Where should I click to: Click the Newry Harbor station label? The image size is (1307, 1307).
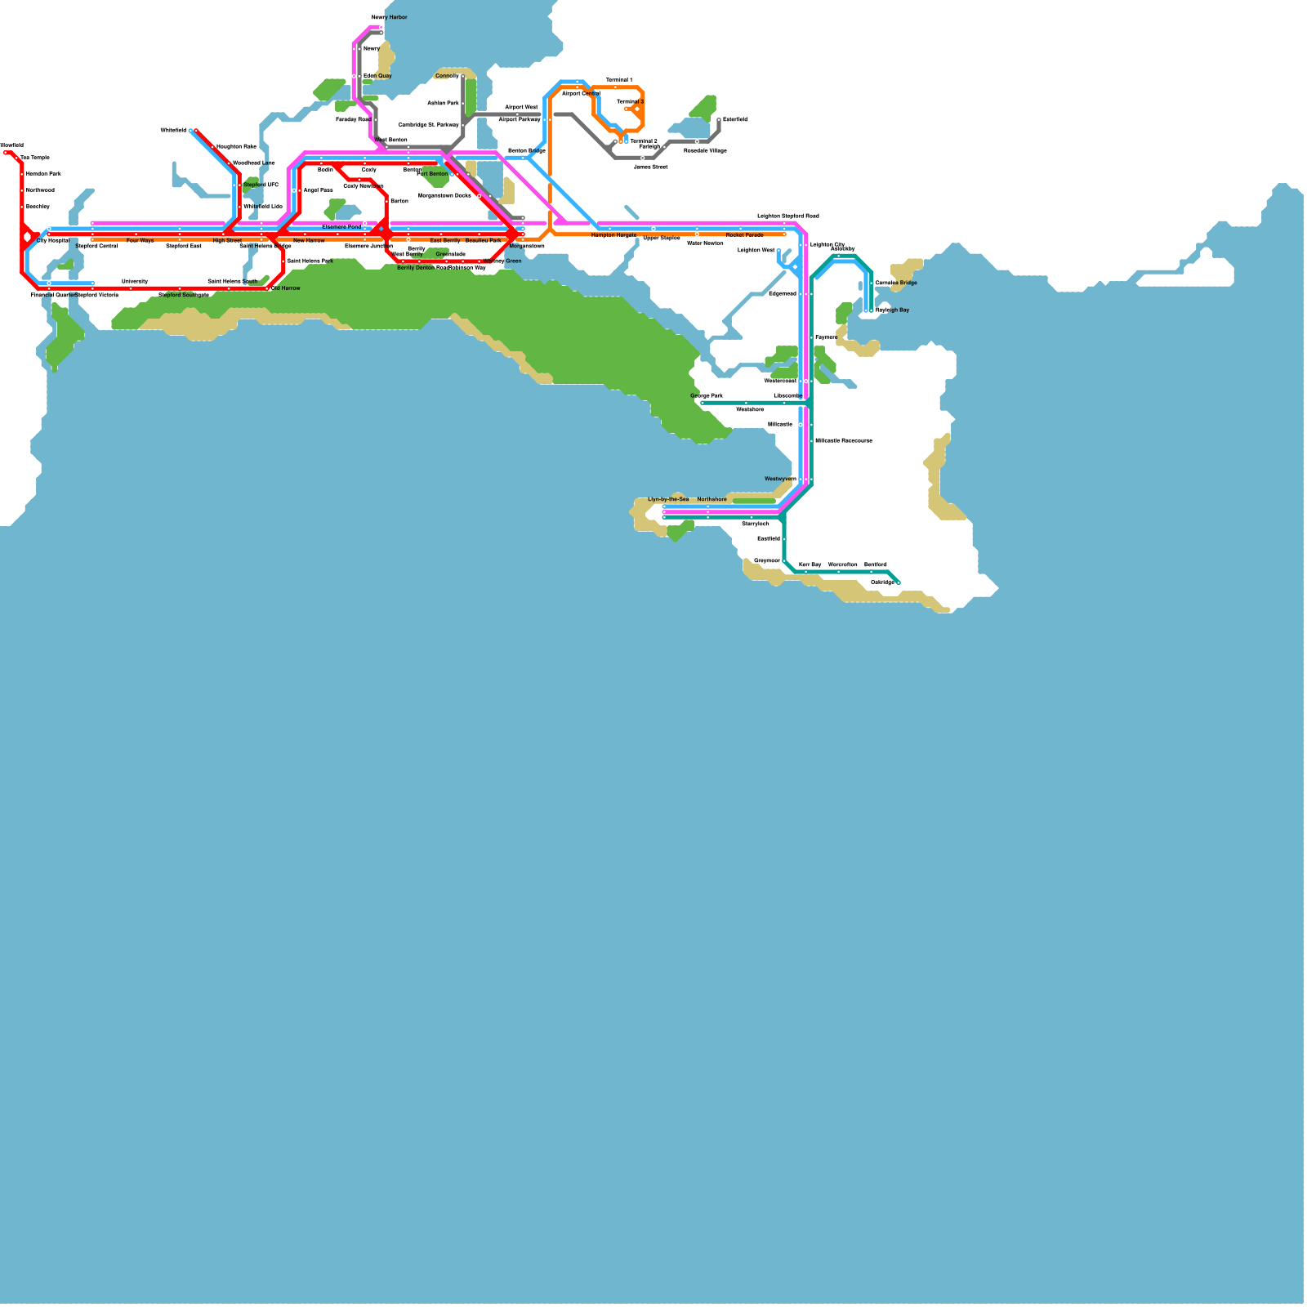pos(390,17)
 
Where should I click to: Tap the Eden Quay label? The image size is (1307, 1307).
pos(377,76)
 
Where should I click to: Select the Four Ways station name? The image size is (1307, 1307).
pos(140,241)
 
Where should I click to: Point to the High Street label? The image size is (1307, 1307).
pos(227,241)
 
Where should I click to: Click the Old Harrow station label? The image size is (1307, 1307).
pos(286,288)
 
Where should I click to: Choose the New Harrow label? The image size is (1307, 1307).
pos(309,241)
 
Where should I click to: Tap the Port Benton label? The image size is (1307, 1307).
pos(432,174)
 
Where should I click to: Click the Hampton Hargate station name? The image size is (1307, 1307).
pos(613,235)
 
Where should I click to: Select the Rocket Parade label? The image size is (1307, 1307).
pos(744,235)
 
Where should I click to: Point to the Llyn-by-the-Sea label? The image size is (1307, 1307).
pos(668,499)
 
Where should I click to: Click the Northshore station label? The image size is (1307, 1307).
pos(711,499)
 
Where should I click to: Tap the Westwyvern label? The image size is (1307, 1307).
pos(780,479)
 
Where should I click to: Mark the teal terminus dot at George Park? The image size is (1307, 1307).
pos(703,403)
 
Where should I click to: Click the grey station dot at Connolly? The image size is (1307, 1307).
pos(463,77)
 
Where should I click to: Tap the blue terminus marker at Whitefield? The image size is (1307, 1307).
pos(191,131)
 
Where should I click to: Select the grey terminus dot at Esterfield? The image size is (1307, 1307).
pos(719,120)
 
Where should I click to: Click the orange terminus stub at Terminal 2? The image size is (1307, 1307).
pos(621,141)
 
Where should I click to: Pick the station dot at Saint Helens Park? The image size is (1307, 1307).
pos(283,261)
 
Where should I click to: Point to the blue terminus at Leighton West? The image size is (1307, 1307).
pos(778,251)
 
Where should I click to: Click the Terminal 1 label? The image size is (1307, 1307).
pos(618,80)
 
